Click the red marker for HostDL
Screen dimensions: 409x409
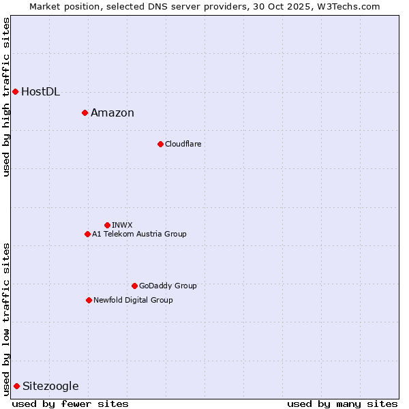[x=15, y=91]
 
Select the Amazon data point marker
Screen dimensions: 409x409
[x=85, y=112]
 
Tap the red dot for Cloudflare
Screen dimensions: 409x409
[x=160, y=144]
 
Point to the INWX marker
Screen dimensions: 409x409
[x=107, y=225]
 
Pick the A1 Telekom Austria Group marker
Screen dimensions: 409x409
[x=87, y=234]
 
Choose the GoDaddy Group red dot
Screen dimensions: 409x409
[x=134, y=286]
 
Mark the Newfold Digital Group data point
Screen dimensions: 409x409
[x=89, y=300]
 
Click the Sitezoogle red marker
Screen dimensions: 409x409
[x=16, y=386]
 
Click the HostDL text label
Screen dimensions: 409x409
[x=41, y=92]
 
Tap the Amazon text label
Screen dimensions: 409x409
[x=112, y=113]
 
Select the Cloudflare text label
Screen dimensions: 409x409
[x=183, y=145]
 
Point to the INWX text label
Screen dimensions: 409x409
[x=122, y=226]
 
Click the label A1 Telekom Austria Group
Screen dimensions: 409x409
[x=139, y=234]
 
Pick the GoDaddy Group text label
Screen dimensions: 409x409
[x=168, y=286]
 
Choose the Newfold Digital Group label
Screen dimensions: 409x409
[x=133, y=301]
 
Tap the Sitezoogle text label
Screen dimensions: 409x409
[x=50, y=387]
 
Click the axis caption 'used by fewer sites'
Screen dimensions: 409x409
[x=70, y=404]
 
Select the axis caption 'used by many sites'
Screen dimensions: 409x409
[x=342, y=404]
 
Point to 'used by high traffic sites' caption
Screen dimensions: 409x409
[x=6, y=97]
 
